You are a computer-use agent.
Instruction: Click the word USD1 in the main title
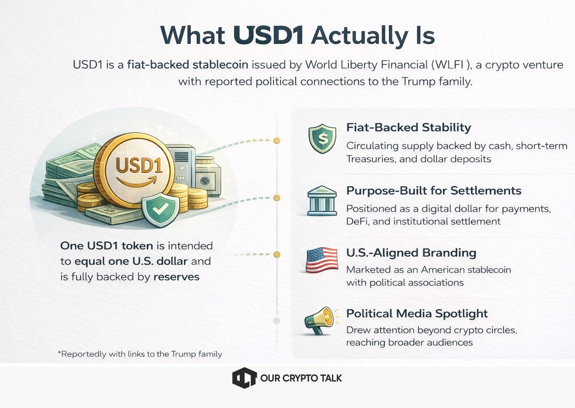[x=268, y=35]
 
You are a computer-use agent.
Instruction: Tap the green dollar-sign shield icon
[x=322, y=139]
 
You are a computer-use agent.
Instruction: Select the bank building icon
[x=322, y=201]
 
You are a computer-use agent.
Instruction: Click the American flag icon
[x=322, y=260]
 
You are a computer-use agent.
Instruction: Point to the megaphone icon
[x=320, y=320]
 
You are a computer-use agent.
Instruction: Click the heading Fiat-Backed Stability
[x=409, y=127]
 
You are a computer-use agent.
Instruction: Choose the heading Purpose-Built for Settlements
[x=434, y=191]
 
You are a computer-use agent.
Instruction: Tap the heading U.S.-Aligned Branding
[x=411, y=253]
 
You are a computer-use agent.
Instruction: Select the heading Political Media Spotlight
[x=417, y=313]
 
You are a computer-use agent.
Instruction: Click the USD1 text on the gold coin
[x=139, y=165]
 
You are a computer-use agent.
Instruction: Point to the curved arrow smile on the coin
[x=137, y=181]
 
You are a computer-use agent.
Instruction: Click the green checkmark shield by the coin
[x=160, y=210]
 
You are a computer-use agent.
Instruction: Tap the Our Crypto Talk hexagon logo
[x=244, y=378]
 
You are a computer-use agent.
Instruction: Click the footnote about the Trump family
[x=140, y=354]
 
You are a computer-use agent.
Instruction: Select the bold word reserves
[x=176, y=277]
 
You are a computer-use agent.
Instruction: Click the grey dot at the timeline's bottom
[x=277, y=321]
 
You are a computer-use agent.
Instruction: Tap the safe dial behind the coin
[x=205, y=181]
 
